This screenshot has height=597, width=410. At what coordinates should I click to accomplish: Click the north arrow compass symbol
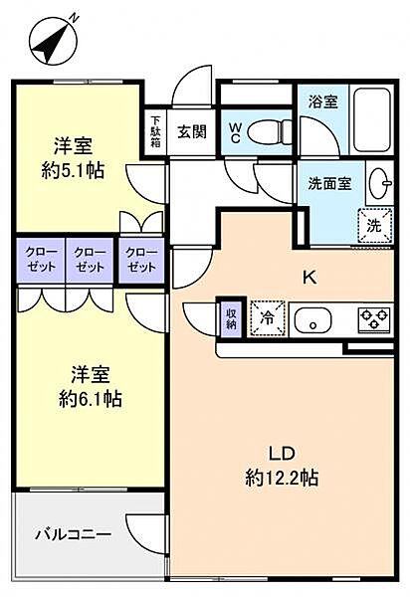tap(55, 41)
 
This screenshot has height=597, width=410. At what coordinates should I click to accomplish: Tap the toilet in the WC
tap(270, 132)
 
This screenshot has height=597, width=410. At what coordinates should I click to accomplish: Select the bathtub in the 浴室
tap(372, 119)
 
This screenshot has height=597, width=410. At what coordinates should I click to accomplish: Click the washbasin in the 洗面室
tap(380, 183)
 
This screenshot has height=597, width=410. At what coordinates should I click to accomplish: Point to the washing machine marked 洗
tap(375, 226)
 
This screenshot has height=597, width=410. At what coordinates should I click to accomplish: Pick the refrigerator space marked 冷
tap(268, 318)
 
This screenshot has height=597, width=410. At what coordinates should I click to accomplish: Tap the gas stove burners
tap(375, 318)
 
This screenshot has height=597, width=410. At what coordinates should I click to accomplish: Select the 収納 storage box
tap(232, 318)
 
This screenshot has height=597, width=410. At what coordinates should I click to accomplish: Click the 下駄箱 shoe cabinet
tap(155, 131)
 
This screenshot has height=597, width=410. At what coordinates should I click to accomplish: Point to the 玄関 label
tap(192, 131)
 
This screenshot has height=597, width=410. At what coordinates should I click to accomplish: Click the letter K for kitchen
tap(309, 278)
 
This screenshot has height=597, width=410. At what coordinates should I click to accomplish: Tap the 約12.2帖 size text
tap(282, 478)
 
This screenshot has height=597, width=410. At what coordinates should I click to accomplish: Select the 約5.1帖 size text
tap(73, 170)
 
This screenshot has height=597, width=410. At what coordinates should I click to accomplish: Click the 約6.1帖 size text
tap(91, 399)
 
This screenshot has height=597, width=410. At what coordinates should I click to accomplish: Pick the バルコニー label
tap(74, 534)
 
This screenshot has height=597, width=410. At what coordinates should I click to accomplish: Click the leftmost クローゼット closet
tap(41, 260)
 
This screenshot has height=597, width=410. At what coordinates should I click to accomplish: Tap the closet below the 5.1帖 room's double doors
tap(141, 260)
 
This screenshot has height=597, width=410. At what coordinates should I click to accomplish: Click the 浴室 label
tap(322, 101)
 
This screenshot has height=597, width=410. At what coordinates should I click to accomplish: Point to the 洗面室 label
tap(329, 184)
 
